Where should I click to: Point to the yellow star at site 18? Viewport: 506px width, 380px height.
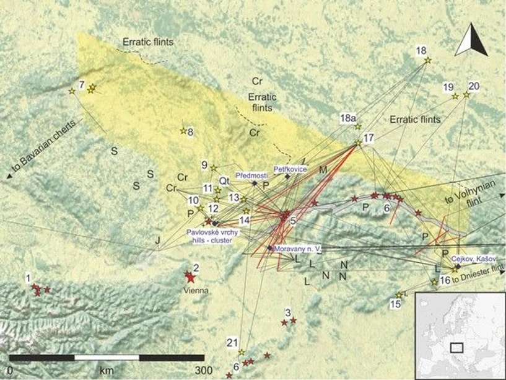coord(427,60)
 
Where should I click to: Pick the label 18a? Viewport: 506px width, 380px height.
coord(349,117)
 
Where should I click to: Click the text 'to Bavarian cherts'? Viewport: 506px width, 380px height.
coord(41,149)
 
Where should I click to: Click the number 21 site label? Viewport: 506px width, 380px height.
coord(232,342)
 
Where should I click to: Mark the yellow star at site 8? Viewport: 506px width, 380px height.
coord(183,131)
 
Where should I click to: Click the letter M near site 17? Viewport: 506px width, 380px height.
coord(323,169)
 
